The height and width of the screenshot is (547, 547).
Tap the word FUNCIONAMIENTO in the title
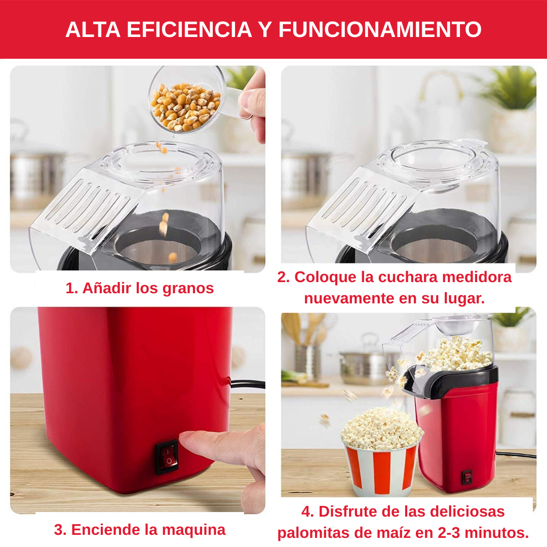(x=380, y=30)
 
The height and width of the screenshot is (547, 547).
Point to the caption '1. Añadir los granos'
(x=140, y=288)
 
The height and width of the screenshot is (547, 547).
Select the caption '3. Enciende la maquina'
(x=140, y=530)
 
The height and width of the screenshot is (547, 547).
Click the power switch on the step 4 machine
(x=466, y=477)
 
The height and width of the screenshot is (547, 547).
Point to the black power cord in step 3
(x=248, y=384)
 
